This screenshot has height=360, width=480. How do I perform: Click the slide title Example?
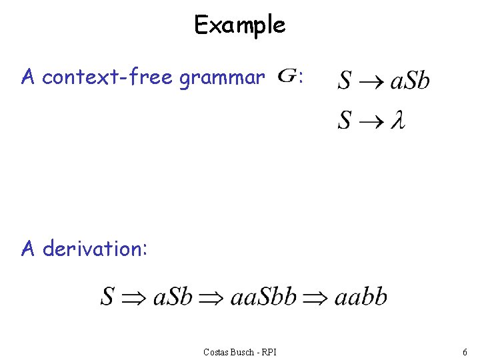[x=239, y=25]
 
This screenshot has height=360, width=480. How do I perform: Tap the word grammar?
[x=222, y=79]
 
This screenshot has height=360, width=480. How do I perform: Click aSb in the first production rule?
[x=409, y=81]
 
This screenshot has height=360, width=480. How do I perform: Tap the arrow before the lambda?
[x=370, y=121]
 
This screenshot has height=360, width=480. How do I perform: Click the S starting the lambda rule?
[x=344, y=121]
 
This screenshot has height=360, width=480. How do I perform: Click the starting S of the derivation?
[x=107, y=296]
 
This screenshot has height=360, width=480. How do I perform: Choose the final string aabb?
[x=360, y=296]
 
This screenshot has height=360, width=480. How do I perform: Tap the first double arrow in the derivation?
[x=133, y=297]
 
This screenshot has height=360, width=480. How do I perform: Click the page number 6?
[x=464, y=351]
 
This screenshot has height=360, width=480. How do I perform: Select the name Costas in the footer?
[x=217, y=351]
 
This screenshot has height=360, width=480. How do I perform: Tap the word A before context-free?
[x=27, y=78]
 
